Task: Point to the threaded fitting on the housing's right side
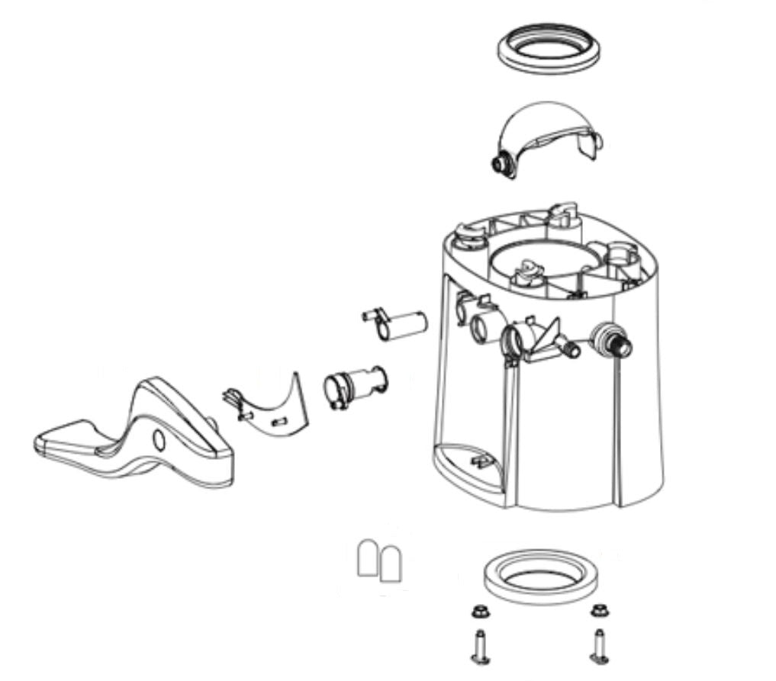614,342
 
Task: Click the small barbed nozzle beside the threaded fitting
568,349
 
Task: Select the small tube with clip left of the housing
395,322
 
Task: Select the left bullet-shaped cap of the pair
369,558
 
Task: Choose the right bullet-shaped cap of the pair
392,561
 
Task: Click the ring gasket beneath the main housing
543,577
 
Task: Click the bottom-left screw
480,646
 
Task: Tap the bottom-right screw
599,646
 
